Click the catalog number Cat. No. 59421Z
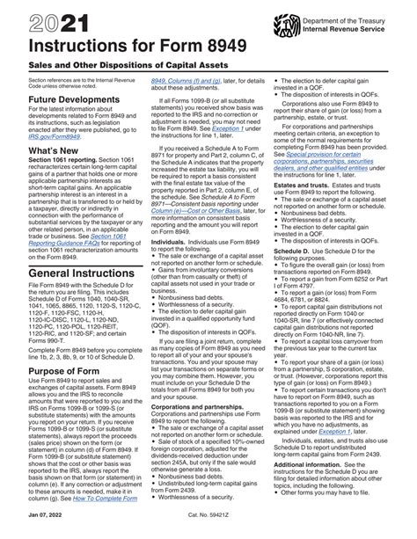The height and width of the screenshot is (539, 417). click(208, 531)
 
